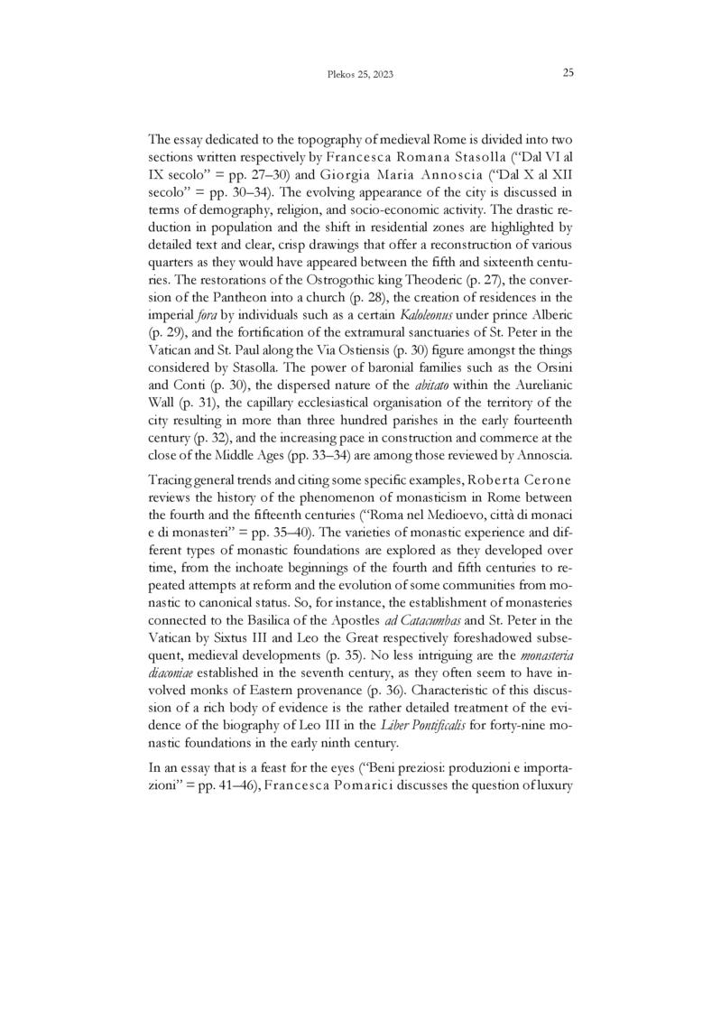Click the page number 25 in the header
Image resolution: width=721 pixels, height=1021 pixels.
(568, 73)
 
